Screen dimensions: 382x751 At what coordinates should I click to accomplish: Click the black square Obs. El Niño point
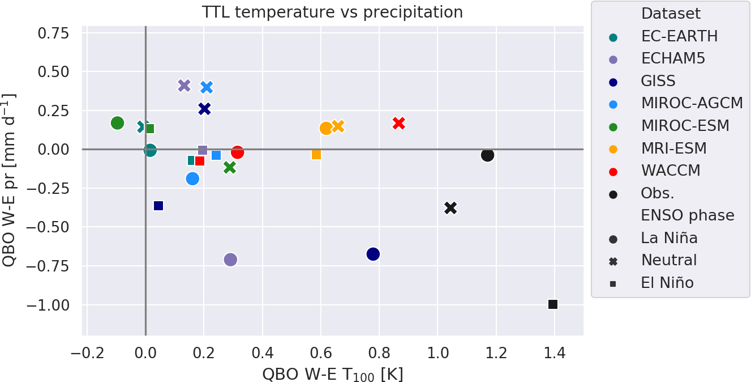(x=553, y=304)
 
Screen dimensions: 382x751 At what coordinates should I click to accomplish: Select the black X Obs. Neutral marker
(x=450, y=208)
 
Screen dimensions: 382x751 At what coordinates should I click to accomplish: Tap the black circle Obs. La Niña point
(x=487, y=155)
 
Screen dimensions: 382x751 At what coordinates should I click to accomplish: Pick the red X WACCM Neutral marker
(x=398, y=123)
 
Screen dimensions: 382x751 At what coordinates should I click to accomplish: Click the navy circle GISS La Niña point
(x=372, y=254)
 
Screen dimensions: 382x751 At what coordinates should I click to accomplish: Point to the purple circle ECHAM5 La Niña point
(x=230, y=260)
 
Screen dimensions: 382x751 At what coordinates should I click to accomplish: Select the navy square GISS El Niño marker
(x=158, y=206)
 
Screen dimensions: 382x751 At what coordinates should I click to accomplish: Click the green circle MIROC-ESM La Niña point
(x=117, y=123)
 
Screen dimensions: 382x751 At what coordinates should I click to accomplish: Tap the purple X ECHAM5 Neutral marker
(x=184, y=86)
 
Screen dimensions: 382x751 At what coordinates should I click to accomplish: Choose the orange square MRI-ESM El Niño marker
(x=316, y=155)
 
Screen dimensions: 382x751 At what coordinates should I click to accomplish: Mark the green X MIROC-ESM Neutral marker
(x=229, y=167)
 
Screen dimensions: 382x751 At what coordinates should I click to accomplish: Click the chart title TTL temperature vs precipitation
(x=332, y=12)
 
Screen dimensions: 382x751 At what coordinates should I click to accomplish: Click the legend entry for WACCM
(x=671, y=170)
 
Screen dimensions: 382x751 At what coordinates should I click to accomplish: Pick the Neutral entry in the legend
(x=669, y=260)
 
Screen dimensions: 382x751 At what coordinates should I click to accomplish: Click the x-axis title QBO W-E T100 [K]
(x=332, y=374)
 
